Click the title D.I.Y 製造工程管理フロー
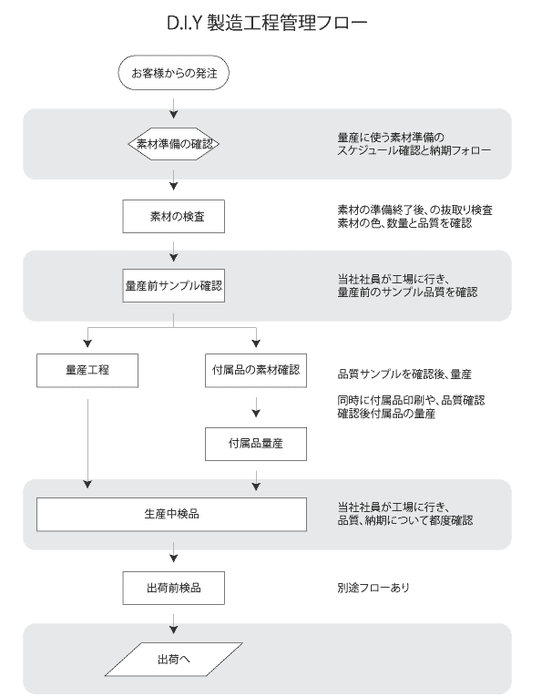pyautogui.click(x=267, y=23)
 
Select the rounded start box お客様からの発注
pyautogui.click(x=174, y=73)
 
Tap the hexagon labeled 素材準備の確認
pyautogui.click(x=174, y=144)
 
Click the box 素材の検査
pyautogui.click(x=174, y=217)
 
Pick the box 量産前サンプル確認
pyautogui.click(x=174, y=285)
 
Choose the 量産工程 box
pyautogui.click(x=87, y=370)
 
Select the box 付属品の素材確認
pyautogui.click(x=256, y=370)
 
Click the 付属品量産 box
pyautogui.click(x=256, y=444)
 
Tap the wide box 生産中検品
pyautogui.click(x=171, y=514)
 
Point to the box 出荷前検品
pyautogui.click(x=174, y=588)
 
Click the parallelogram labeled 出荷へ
pyautogui.click(x=174, y=660)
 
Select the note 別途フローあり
pyautogui.click(x=373, y=588)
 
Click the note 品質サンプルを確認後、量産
pyautogui.click(x=404, y=374)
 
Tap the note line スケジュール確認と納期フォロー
pyautogui.click(x=414, y=150)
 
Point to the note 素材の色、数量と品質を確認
pyautogui.click(x=404, y=223)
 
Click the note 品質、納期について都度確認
pyautogui.click(x=405, y=520)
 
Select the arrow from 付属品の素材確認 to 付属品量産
pyautogui.click(x=256, y=407)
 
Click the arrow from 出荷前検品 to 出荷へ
pyautogui.click(x=174, y=624)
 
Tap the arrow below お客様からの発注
pyautogui.click(x=174, y=108)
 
